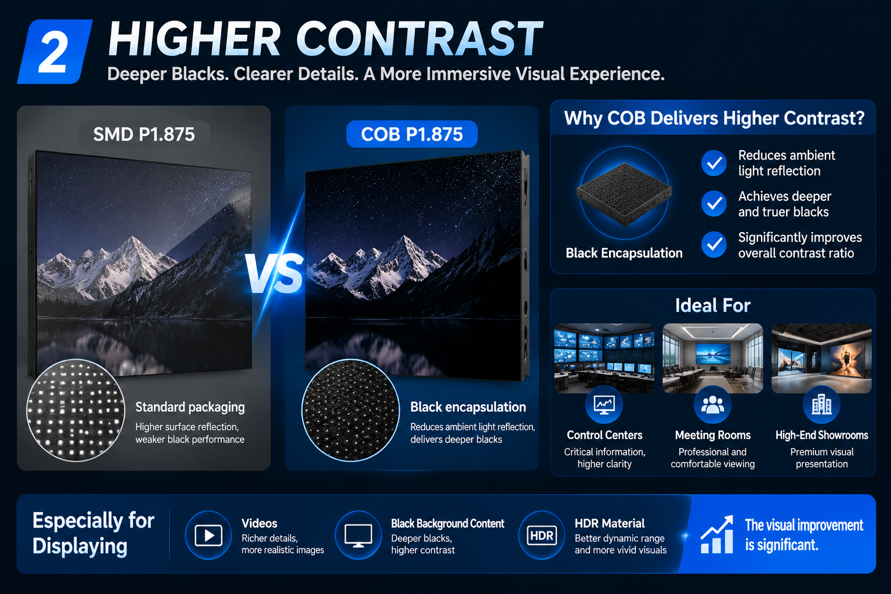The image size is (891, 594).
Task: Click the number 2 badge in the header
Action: [55, 52]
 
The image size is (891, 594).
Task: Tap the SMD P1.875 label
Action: [144, 134]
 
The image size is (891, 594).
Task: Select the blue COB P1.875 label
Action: [412, 134]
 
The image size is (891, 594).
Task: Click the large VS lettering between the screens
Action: [274, 274]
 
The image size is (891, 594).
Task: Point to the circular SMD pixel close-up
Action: [75, 410]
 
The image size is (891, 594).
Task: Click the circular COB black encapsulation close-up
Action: [350, 410]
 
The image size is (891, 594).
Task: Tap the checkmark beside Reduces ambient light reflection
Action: [714, 163]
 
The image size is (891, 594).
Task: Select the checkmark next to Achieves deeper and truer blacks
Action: [714, 204]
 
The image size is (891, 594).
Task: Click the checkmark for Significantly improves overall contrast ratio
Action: [714, 244]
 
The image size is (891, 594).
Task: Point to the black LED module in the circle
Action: [624, 194]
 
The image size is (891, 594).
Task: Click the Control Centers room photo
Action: [604, 358]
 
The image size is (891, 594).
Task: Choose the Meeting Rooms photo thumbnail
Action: [713, 358]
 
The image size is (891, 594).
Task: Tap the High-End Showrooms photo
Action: [821, 358]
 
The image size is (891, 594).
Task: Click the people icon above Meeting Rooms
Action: [712, 405]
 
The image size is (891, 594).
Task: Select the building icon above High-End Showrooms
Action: [821, 405]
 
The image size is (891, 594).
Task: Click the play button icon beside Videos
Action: [208, 535]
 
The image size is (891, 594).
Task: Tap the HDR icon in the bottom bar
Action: [542, 535]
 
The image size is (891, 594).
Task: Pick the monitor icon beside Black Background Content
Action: [358, 535]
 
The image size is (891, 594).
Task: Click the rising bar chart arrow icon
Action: [717, 534]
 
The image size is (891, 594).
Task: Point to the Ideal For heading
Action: [713, 306]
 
